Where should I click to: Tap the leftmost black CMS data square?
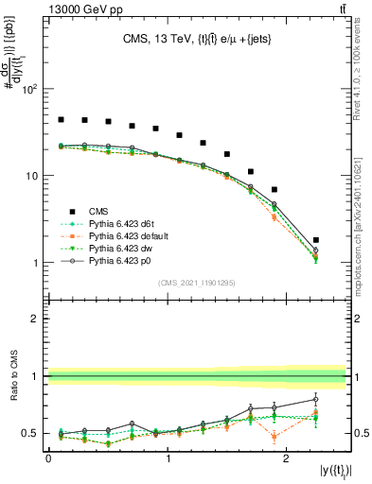[61, 120]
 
